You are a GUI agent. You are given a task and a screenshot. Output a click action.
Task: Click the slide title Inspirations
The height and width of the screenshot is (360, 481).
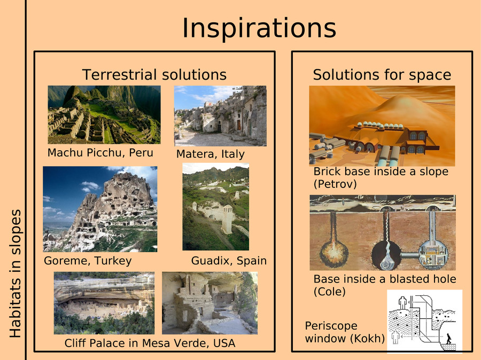[259, 28]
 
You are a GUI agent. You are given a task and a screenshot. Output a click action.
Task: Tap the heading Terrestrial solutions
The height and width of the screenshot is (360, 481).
[154, 75]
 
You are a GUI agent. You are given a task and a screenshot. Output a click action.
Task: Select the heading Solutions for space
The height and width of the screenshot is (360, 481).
[382, 75]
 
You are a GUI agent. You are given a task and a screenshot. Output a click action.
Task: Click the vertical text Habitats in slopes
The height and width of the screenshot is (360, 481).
[15, 273]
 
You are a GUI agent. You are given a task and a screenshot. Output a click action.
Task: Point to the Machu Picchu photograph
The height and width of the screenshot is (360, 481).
[104, 115]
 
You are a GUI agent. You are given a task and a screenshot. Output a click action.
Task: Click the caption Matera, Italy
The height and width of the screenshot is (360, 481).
[211, 154]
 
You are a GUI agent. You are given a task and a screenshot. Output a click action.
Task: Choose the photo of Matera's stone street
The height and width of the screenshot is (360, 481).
[220, 115]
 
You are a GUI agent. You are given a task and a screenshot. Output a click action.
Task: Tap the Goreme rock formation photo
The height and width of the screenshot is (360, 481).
[100, 209]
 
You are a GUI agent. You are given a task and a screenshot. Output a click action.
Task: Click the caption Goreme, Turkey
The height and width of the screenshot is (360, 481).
[88, 261]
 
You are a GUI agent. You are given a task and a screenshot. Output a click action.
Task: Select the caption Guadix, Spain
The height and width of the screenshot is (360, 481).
[229, 261]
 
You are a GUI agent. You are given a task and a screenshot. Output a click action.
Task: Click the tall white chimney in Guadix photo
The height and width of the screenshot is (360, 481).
[227, 219]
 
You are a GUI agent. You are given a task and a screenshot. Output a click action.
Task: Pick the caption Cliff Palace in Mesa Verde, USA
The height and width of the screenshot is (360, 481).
[150, 343]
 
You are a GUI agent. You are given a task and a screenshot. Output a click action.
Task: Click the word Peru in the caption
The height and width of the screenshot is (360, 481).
[141, 152]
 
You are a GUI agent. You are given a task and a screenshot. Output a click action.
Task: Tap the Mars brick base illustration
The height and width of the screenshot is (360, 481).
[382, 126]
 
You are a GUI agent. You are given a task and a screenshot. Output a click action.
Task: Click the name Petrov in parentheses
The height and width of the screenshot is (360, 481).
[335, 184]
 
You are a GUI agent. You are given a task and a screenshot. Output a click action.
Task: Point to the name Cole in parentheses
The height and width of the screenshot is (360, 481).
[329, 291]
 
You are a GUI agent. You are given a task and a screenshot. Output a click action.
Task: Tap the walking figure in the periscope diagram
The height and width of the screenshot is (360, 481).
[449, 339]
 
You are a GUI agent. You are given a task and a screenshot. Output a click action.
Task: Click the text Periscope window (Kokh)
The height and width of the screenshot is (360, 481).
[345, 332]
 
